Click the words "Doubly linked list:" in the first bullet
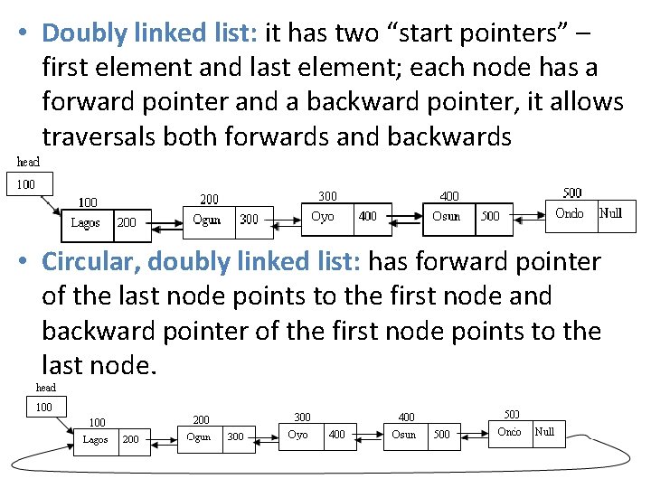coord(150,33)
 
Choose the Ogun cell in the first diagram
coord(207,219)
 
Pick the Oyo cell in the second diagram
coord(297,435)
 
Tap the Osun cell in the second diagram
coord(403,435)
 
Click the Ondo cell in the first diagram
coord(569,214)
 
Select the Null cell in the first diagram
coord(611,214)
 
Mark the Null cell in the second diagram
coord(544,432)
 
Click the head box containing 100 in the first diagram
coord(27,184)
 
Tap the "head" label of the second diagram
coord(45,388)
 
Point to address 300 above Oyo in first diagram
coord(326,195)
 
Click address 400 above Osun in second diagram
coord(407,417)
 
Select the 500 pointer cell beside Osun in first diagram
coord(490,217)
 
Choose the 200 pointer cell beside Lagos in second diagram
coord(131,440)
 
